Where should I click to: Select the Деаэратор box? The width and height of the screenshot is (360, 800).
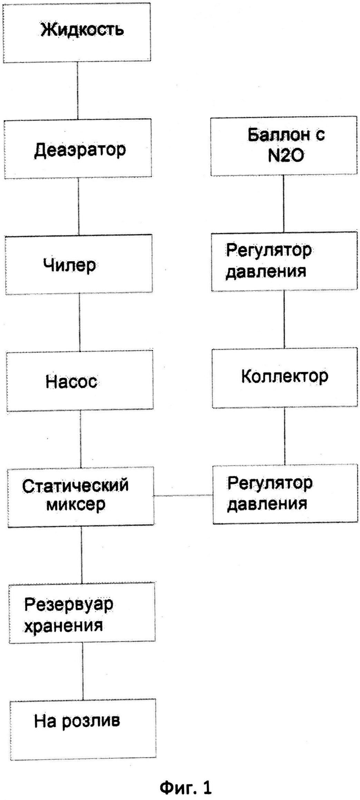pyautogui.click(x=78, y=149)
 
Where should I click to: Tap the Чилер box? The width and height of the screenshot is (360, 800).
pyautogui.click(x=79, y=265)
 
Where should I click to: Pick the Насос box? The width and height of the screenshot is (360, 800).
pyautogui.click(x=80, y=381)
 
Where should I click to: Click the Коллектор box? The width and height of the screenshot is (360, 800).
pyautogui.click(x=285, y=378)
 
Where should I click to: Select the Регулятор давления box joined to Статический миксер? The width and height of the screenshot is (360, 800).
pyautogui.click(x=285, y=494)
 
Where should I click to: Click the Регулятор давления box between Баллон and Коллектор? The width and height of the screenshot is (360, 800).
pyautogui.click(x=284, y=261)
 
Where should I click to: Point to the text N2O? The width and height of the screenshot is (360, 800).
pyautogui.click(x=285, y=156)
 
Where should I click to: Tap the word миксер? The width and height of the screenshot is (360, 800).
pyautogui.click(x=76, y=505)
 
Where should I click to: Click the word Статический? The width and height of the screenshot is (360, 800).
pyautogui.click(x=75, y=486)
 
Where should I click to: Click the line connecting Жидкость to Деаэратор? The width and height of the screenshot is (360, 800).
pyautogui.click(x=77, y=91)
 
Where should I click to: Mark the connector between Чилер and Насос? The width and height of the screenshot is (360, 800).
pyautogui.click(x=80, y=322)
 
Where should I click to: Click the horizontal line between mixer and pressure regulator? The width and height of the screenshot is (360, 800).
pyautogui.click(x=183, y=495)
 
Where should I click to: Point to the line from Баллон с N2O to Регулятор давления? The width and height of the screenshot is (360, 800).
pyautogui.click(x=284, y=204)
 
